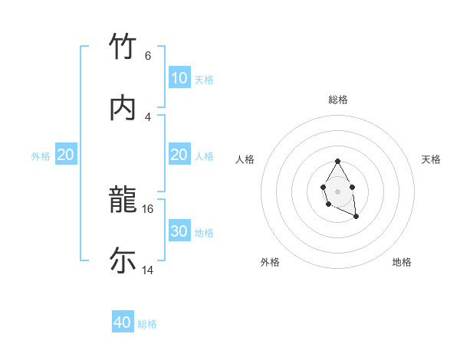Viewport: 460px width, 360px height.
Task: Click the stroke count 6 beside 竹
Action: click(148, 55)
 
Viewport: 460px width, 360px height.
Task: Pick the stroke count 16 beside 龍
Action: click(148, 208)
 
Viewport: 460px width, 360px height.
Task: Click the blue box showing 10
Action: click(179, 78)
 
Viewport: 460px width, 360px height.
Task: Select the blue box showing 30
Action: click(179, 231)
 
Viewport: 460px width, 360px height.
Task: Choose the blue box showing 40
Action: click(123, 322)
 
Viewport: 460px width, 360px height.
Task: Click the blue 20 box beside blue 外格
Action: click(66, 155)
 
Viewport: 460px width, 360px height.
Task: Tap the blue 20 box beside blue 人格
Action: click(179, 155)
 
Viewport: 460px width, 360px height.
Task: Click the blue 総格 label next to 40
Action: click(147, 324)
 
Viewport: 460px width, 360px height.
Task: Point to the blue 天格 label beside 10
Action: click(204, 79)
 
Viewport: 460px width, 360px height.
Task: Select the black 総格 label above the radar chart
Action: click(338, 100)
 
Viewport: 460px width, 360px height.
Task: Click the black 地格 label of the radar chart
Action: click(402, 262)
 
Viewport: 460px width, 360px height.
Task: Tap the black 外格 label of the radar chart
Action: click(270, 262)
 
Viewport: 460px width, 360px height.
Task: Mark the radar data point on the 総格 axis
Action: click(337, 161)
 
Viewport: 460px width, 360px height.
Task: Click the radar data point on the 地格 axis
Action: click(356, 217)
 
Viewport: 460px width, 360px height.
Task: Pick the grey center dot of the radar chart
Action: click(337, 190)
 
